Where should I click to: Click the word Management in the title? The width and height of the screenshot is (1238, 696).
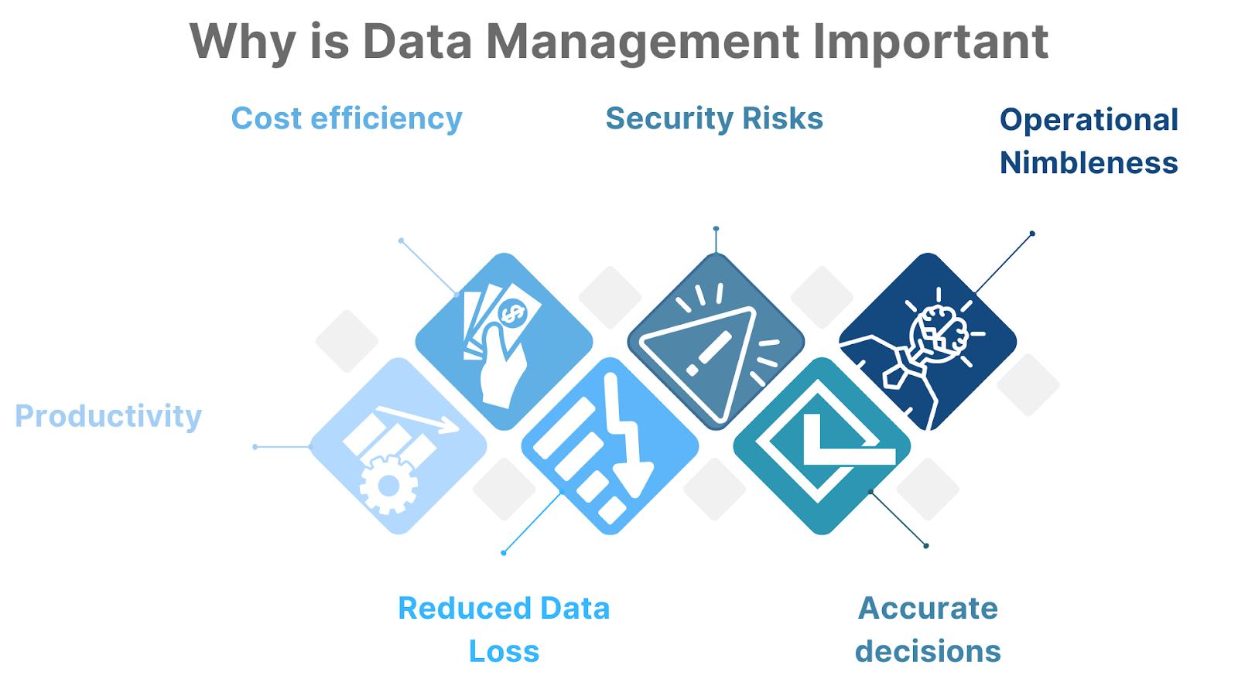tap(641, 43)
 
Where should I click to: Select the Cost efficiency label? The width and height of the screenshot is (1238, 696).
tap(347, 119)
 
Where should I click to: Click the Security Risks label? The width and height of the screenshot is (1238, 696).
tap(714, 119)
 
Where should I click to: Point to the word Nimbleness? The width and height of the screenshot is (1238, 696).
tap(1089, 163)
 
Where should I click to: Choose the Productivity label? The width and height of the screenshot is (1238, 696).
tap(108, 416)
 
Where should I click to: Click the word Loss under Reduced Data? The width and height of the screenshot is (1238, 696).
tap(504, 651)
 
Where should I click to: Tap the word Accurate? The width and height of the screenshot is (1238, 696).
tap(928, 608)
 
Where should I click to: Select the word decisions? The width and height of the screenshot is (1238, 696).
tap(928, 651)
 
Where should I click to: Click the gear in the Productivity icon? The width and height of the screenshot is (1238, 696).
tap(388, 485)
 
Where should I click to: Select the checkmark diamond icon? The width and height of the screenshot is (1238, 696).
tap(822, 446)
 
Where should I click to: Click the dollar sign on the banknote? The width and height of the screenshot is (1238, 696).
tap(512, 313)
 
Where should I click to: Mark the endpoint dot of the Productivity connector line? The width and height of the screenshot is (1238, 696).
tap(255, 447)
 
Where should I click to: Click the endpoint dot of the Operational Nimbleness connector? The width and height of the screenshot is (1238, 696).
tap(1032, 234)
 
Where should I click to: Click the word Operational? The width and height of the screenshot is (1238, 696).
tap(1089, 120)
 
